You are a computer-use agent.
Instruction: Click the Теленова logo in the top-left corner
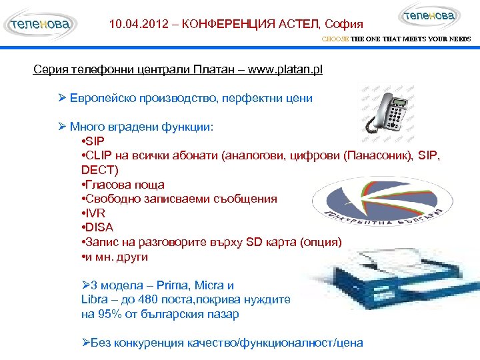(40, 25)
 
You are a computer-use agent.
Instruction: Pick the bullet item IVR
(94, 213)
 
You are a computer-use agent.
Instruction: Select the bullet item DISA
(97, 227)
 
